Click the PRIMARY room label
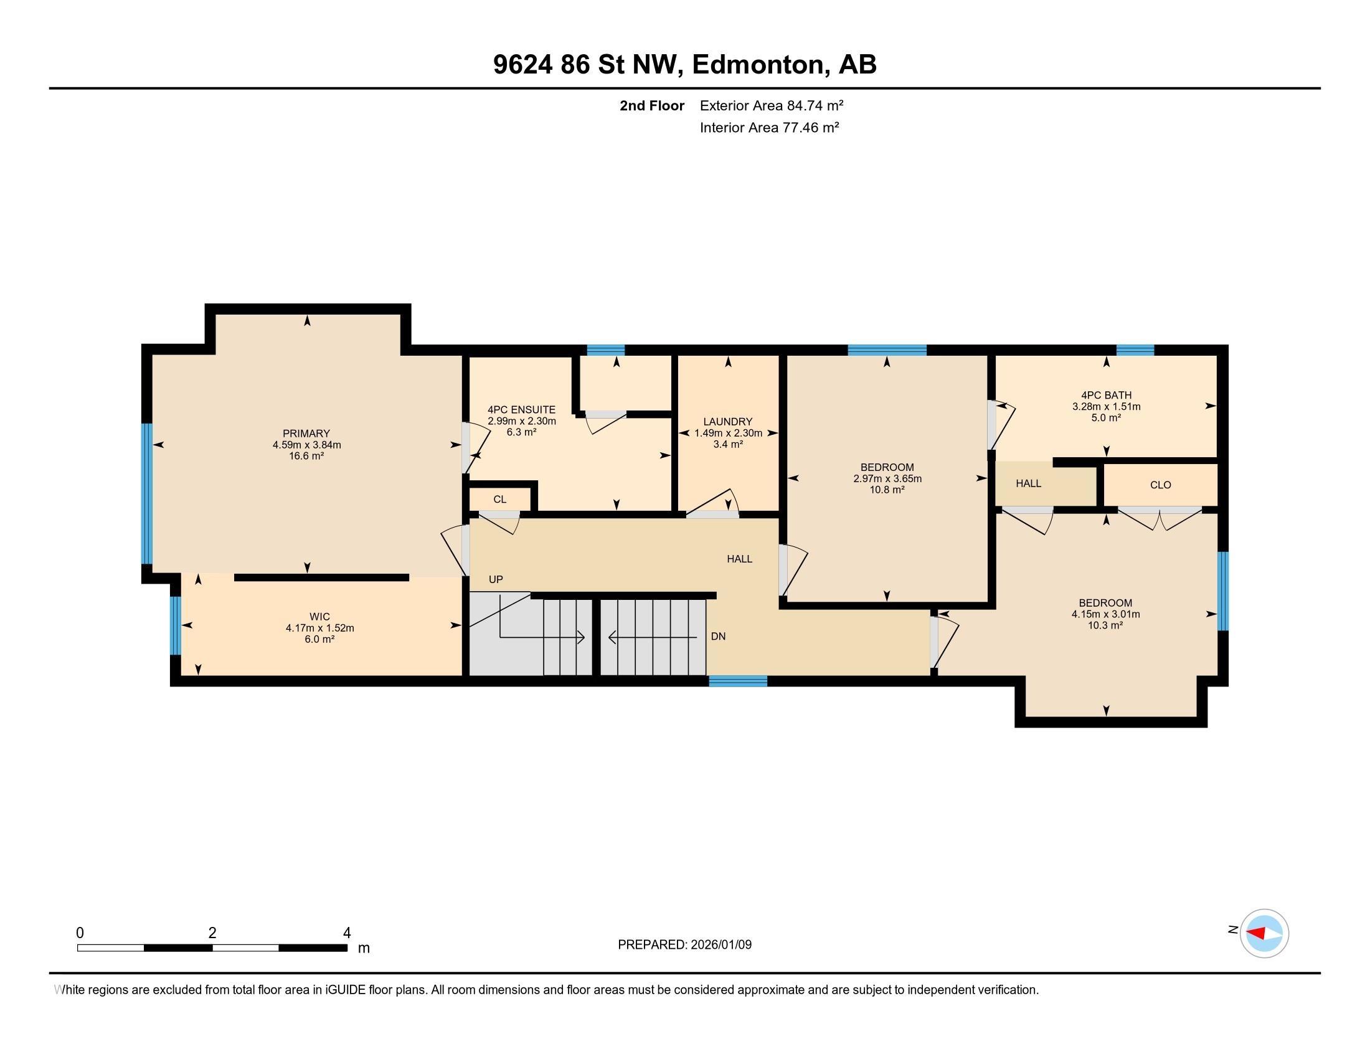tap(306, 434)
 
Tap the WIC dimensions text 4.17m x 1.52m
tap(319, 628)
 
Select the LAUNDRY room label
tap(727, 422)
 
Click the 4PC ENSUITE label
tap(521, 410)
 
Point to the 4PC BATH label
tap(1106, 395)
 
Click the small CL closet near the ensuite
tap(499, 500)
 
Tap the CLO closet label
tap(1161, 485)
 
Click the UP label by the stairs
tap(496, 580)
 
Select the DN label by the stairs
tap(718, 636)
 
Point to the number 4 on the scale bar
tap(346, 933)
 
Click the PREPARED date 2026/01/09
tap(719, 945)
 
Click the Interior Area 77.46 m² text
tap(769, 127)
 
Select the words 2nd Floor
tap(652, 105)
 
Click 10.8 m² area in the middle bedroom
tap(886, 490)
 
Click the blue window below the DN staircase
tap(738, 681)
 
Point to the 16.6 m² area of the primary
tap(306, 456)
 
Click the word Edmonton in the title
tap(758, 64)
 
